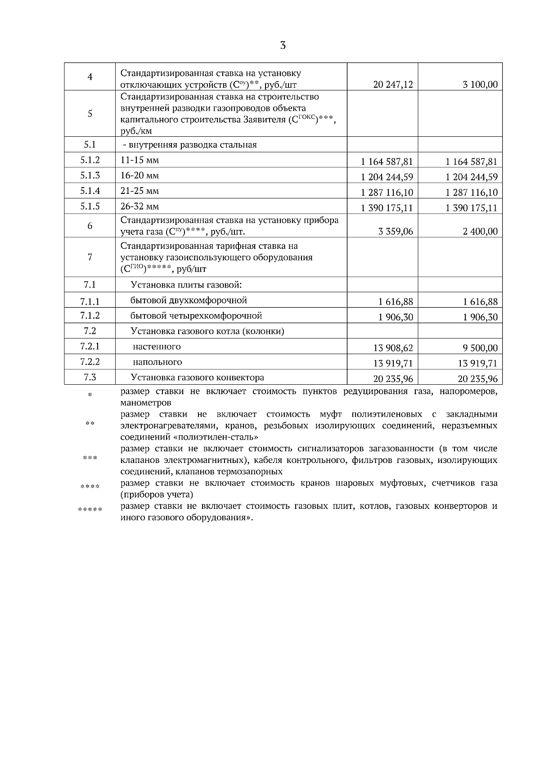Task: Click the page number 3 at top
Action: click(283, 45)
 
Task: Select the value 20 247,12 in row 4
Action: click(393, 84)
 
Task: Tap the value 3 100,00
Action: click(480, 84)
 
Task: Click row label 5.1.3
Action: click(90, 175)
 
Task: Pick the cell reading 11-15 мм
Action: click(139, 160)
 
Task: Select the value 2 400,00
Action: click(480, 231)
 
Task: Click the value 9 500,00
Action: click(480, 348)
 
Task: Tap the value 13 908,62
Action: click(393, 348)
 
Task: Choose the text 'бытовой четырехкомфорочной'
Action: click(196, 315)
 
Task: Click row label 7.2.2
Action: click(90, 362)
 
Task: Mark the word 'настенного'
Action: click(157, 346)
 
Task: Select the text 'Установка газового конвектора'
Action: click(197, 378)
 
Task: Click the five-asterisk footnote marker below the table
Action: click(90, 510)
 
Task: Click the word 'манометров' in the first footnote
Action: click(146, 403)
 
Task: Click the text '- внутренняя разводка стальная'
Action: click(189, 145)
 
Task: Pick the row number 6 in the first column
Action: click(90, 226)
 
